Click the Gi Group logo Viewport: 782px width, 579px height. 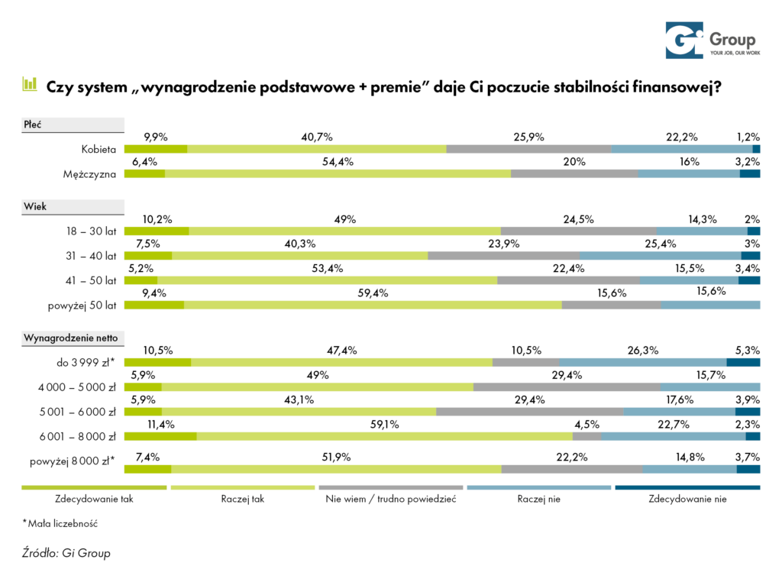[x=709, y=40]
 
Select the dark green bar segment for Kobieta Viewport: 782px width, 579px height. [x=156, y=149]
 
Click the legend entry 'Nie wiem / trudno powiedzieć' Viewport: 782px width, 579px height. [x=390, y=500]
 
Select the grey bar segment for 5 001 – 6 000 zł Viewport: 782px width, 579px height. [x=529, y=411]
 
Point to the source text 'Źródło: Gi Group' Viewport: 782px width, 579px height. [x=66, y=553]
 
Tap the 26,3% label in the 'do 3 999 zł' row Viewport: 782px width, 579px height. [x=642, y=351]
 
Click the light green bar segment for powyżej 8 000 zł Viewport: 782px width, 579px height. [x=336, y=469]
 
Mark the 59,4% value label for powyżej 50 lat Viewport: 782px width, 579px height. [x=373, y=292]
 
